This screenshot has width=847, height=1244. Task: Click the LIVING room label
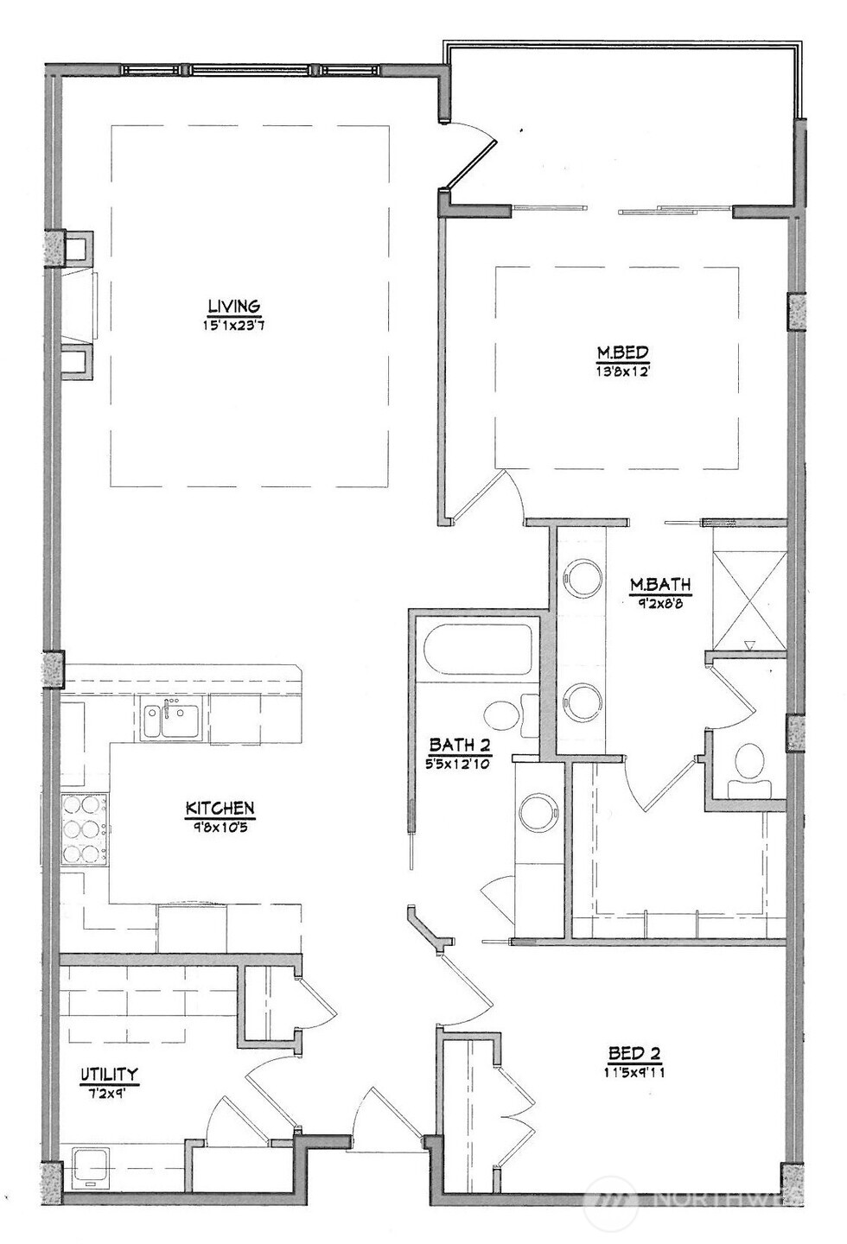click(x=233, y=306)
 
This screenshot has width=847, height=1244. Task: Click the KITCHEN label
click(x=220, y=809)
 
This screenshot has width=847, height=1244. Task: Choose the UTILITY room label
click(x=109, y=1075)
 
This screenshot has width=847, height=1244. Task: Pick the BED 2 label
click(x=634, y=1053)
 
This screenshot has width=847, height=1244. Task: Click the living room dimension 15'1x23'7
click(x=234, y=326)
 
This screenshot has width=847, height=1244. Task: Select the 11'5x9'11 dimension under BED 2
click(x=634, y=1074)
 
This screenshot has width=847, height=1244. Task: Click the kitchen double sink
click(x=172, y=719)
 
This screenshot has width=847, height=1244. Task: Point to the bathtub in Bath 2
click(x=478, y=650)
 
